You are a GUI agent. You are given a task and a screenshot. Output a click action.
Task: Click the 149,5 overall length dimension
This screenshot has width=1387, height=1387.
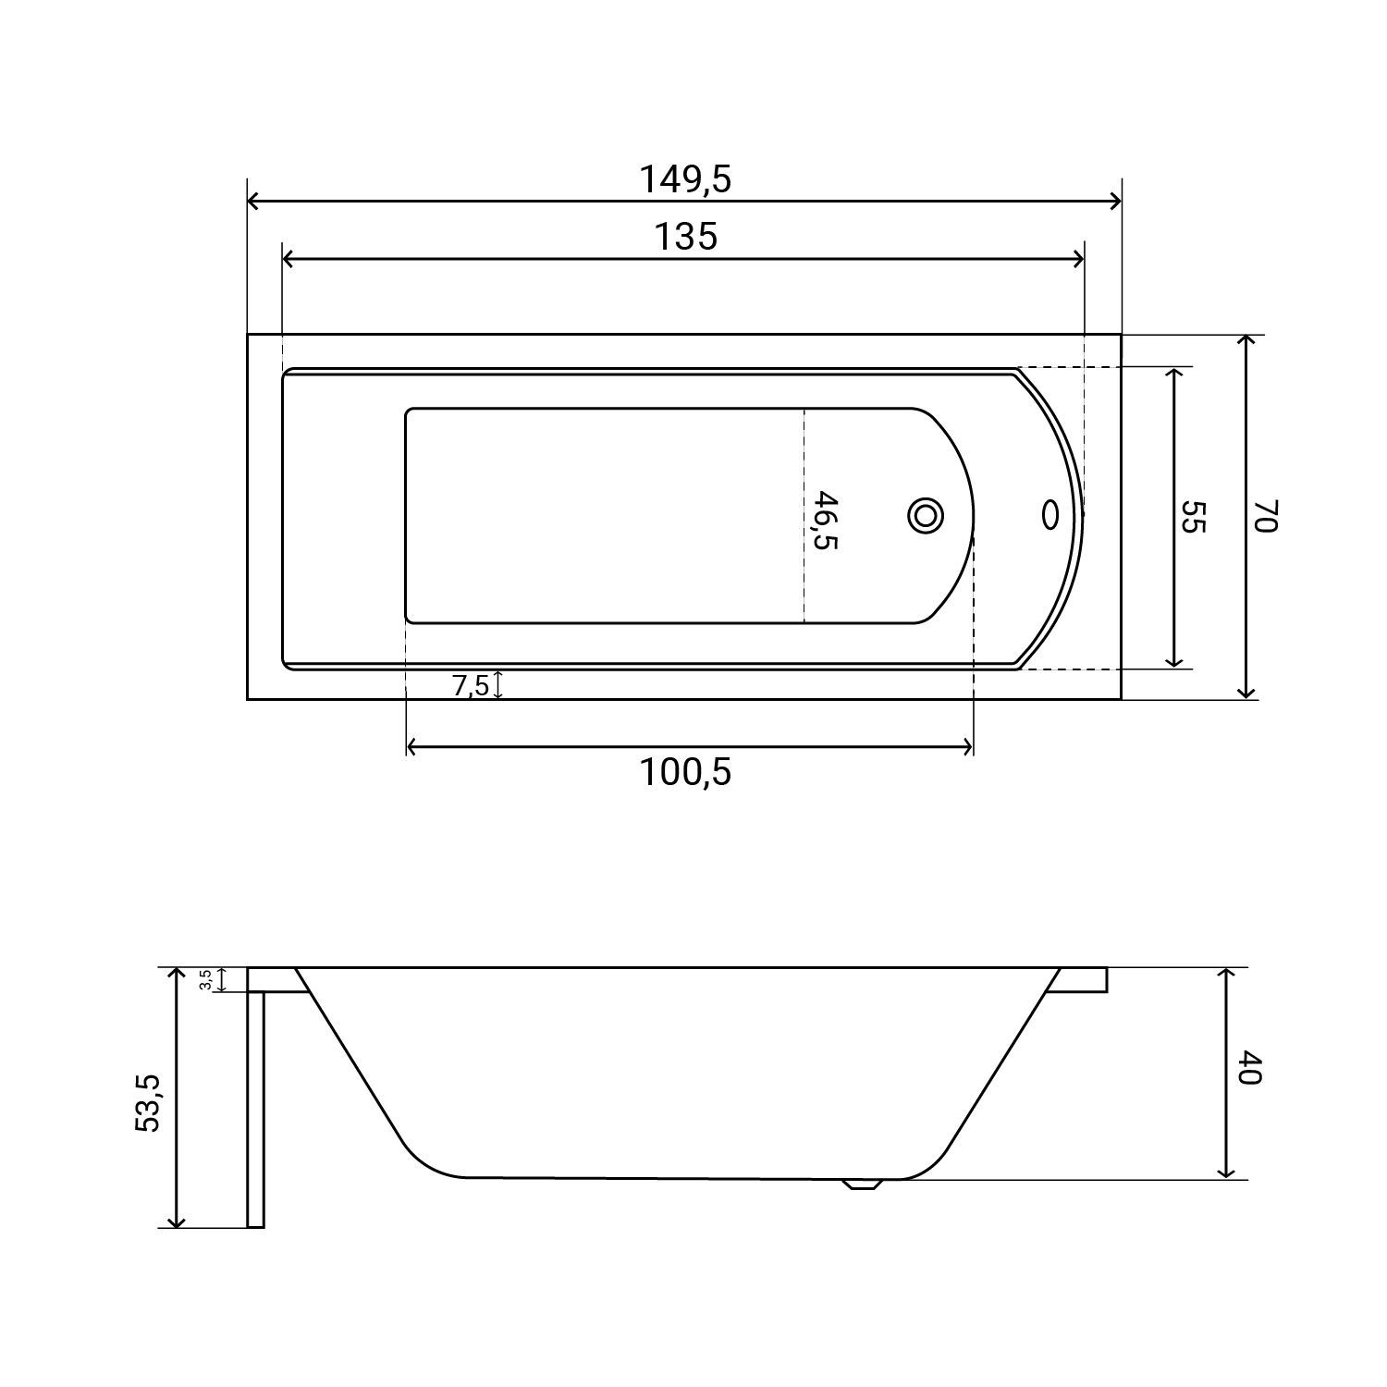tap(685, 179)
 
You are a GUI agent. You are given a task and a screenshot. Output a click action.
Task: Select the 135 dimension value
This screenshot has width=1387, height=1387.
tap(686, 237)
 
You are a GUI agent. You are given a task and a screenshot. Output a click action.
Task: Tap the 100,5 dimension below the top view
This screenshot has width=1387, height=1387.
tap(685, 772)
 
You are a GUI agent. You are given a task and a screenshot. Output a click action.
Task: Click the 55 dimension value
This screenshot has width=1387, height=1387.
tap(1193, 516)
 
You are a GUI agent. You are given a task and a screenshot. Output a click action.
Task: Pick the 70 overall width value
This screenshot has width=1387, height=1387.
tap(1264, 516)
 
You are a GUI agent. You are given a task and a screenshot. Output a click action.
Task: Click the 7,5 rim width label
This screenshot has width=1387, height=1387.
tap(470, 686)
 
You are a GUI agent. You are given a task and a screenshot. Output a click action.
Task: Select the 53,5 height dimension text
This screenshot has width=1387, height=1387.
tap(148, 1102)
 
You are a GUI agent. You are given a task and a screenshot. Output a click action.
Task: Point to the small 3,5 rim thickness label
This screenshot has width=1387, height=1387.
tap(206, 980)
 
